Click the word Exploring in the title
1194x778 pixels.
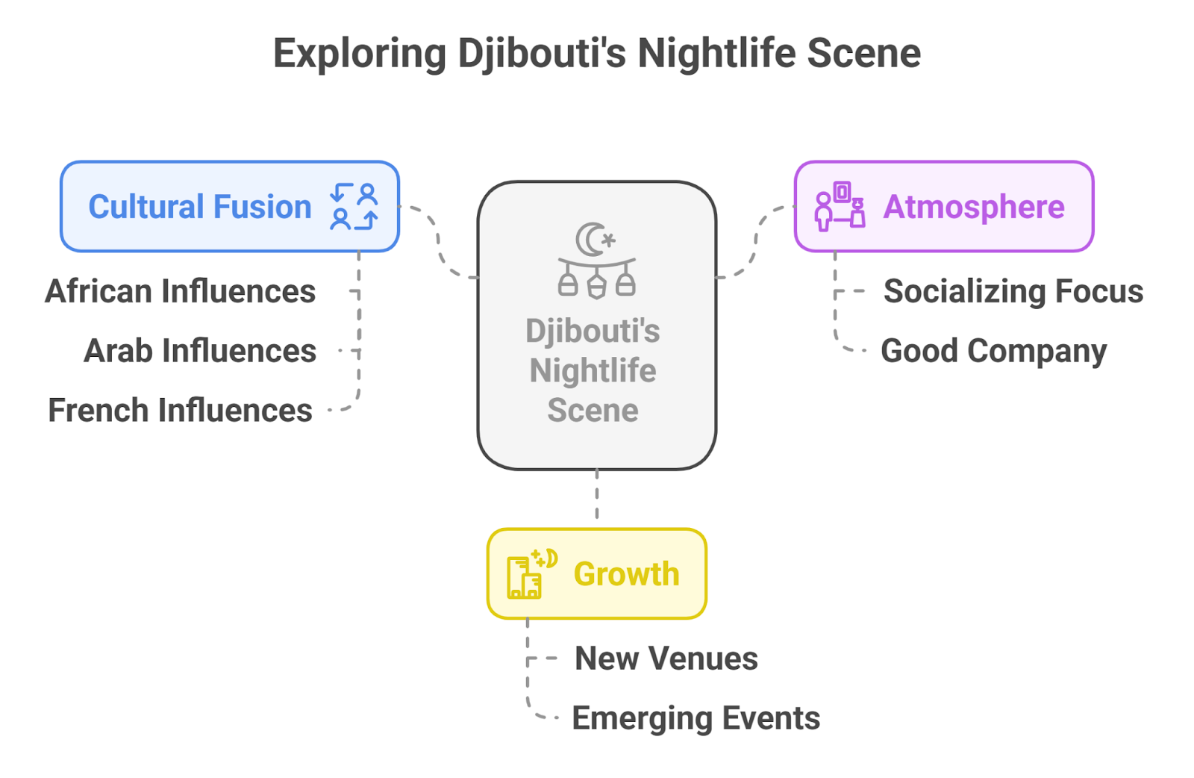359,55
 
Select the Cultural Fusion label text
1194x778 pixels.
200,207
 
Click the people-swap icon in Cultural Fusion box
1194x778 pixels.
354,207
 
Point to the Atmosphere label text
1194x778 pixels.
974,207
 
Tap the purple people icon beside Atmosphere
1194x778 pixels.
840,206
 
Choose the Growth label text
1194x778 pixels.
626,574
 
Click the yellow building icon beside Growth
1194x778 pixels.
531,575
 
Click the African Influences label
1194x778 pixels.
181,291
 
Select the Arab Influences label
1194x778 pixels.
200,351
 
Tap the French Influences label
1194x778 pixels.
181,411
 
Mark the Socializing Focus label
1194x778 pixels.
1013,291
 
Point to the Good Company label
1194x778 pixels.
993,351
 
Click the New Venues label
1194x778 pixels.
666,659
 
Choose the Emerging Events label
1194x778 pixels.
696,718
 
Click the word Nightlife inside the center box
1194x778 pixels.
593,371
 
